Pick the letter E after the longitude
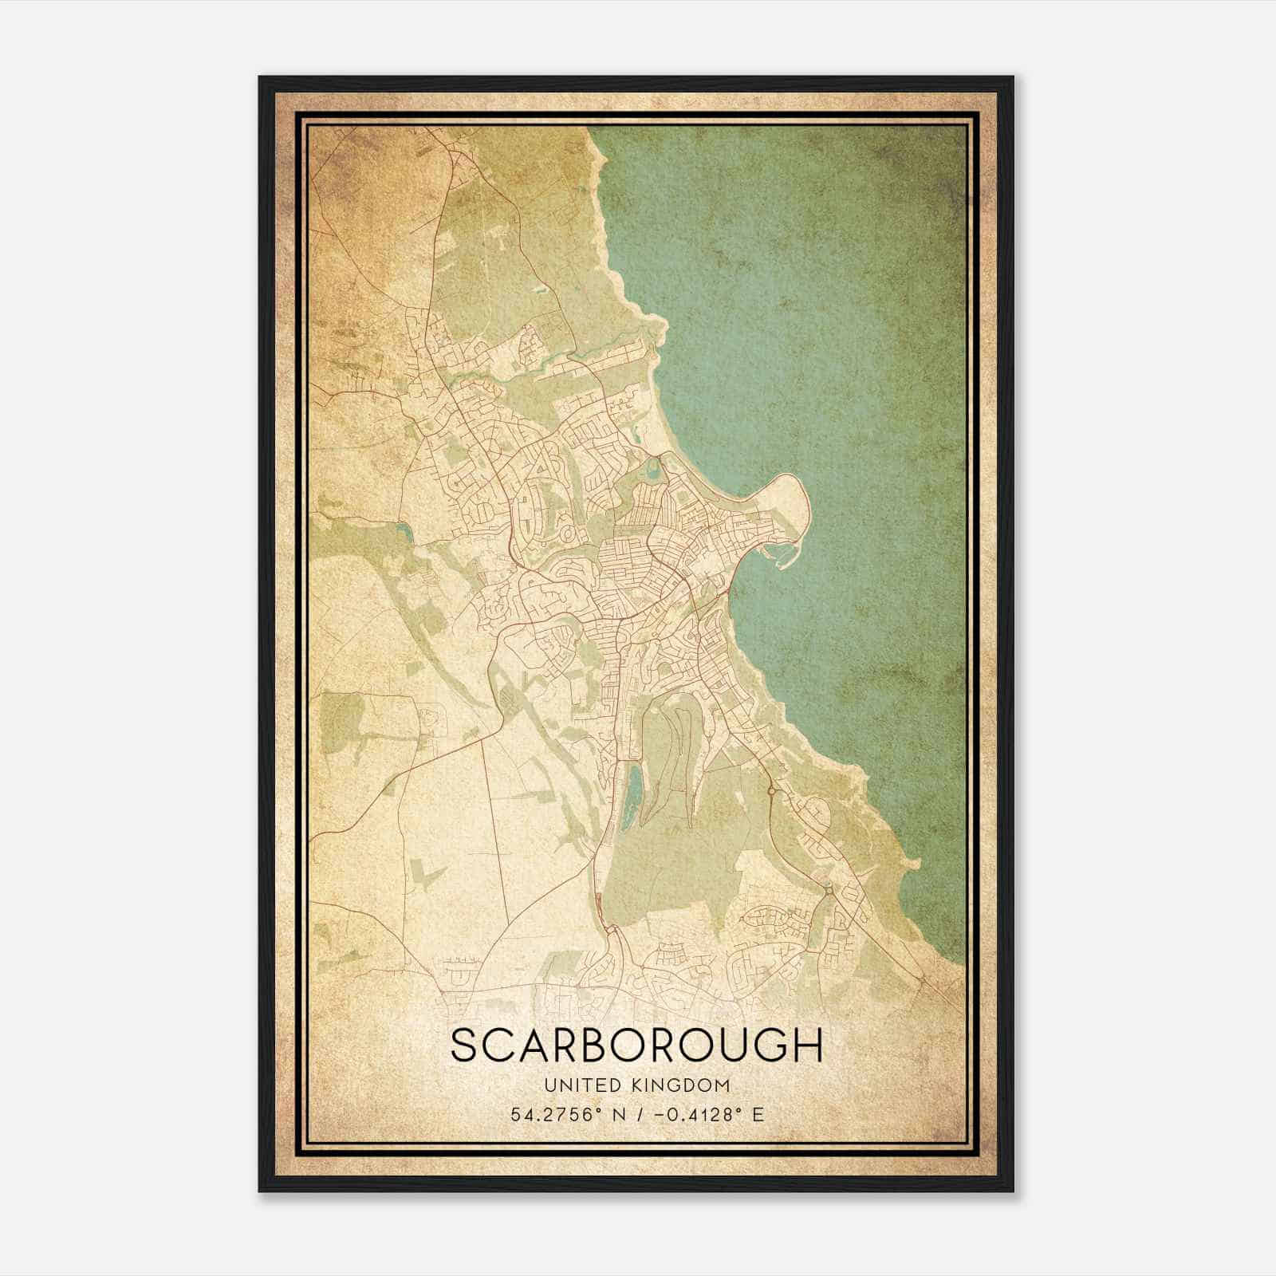[758, 1114]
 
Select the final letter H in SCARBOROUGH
[808, 1046]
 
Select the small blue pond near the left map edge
[401, 531]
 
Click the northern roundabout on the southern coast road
[771, 790]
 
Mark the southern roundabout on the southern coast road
[829, 888]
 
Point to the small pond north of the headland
[654, 469]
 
